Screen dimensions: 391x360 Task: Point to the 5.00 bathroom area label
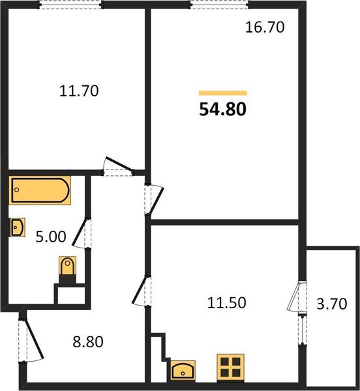(50, 237)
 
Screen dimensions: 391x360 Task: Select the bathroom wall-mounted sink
(18, 227)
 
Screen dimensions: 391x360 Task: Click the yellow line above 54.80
(222, 93)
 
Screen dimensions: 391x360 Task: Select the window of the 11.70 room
(70, 4)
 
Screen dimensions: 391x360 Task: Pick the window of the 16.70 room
(222, 4)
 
